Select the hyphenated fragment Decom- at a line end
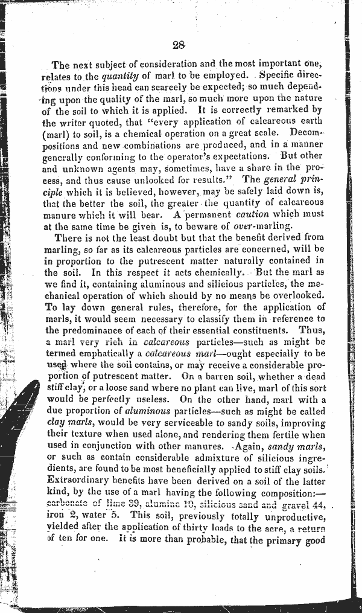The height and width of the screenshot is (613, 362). pyautogui.click(x=308, y=130)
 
